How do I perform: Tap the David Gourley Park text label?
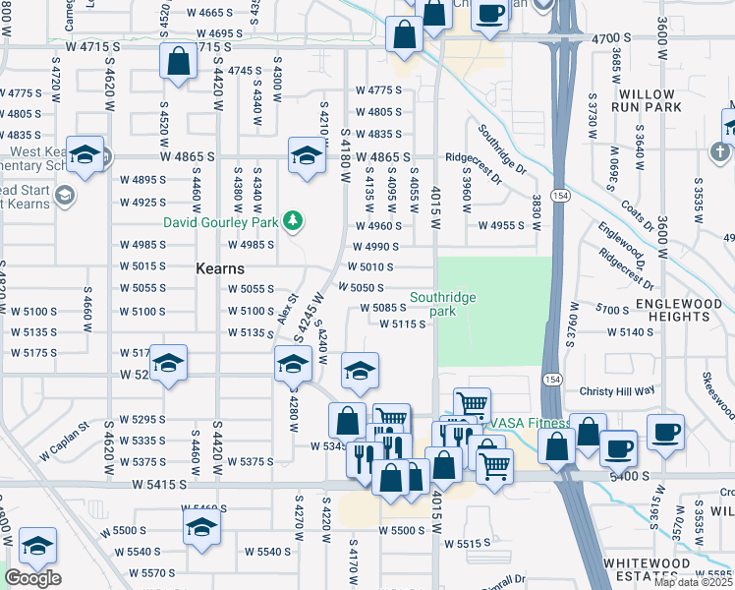tap(221, 221)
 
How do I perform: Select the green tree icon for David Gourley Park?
tap(292, 221)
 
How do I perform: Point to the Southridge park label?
tap(443, 304)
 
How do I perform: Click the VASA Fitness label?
tap(532, 424)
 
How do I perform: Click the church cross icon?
tap(719, 152)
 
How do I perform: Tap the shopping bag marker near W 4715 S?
tap(178, 62)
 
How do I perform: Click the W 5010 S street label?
tap(370, 267)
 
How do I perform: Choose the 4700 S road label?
tap(614, 38)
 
